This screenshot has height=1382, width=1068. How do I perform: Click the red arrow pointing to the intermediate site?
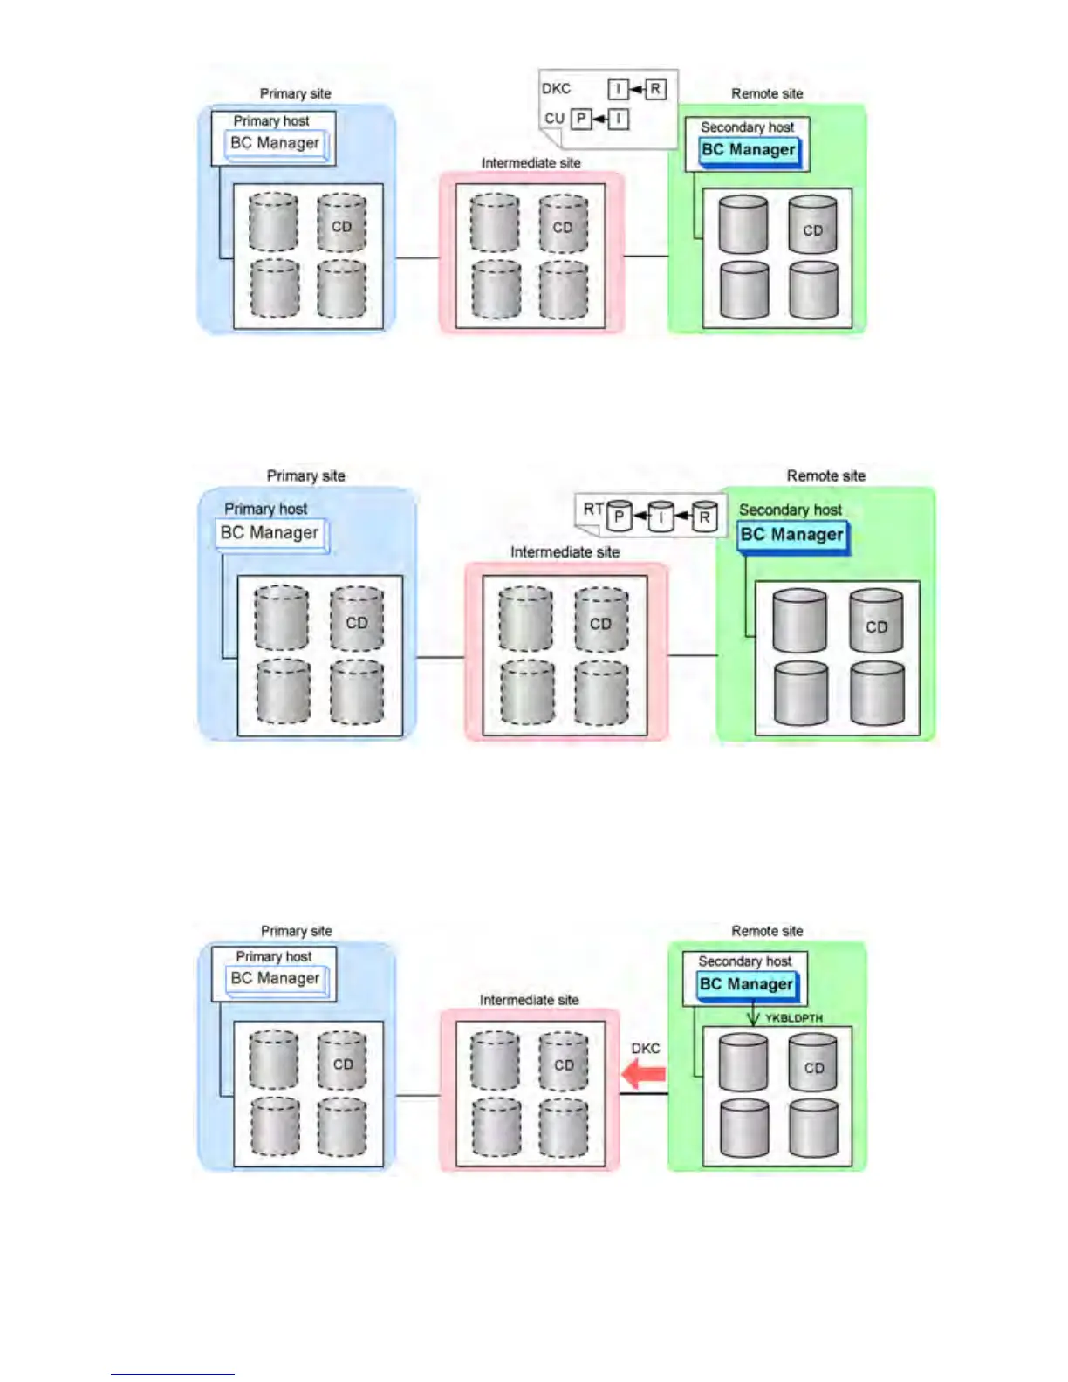point(644,1075)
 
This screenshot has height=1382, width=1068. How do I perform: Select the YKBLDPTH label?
point(793,1018)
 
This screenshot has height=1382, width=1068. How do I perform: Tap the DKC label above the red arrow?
point(646,1048)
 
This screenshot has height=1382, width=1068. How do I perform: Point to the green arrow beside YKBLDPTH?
point(753,1015)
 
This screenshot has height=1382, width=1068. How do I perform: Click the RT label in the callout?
point(593,509)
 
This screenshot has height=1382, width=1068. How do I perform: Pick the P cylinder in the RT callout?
point(619,517)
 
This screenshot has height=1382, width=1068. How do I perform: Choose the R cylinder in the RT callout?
point(704,517)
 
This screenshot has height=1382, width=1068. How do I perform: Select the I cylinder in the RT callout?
point(661,517)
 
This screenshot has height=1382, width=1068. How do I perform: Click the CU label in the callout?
point(554,119)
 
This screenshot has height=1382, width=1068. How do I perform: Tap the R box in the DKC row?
point(655,89)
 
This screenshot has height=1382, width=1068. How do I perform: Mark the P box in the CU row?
point(581,119)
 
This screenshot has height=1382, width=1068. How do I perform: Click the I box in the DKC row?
point(618,89)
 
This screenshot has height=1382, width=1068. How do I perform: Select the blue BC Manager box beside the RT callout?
point(792,535)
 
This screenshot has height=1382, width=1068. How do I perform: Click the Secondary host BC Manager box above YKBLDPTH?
point(746,984)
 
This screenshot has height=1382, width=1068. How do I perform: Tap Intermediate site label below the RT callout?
point(565,552)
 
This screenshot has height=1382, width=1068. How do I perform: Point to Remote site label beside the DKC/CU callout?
point(767,93)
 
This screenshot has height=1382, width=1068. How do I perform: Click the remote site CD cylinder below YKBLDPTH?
point(813,1063)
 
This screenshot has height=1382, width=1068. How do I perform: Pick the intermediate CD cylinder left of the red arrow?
point(564,1061)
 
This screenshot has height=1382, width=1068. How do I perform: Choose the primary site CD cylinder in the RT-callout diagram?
point(357,619)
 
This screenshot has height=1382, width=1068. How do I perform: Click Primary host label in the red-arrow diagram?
point(273,956)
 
